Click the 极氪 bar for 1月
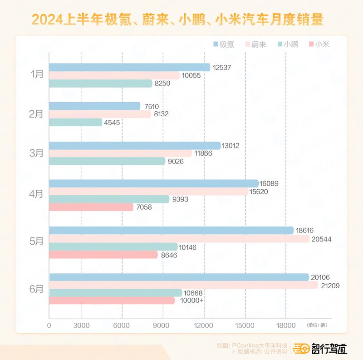pos(129,67)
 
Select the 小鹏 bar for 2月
pos(75,122)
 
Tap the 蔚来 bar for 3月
pos(120,153)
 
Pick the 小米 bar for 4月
pos(91,207)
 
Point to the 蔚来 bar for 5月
pos(179,238)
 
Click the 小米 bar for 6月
pos(112,301)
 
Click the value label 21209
pos(331,286)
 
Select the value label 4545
pos(112,122)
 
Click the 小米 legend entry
pos(319,44)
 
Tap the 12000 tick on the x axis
pos(204,325)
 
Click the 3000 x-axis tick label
pos(81,325)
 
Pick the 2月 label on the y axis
pos(36,114)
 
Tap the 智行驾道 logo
pos(320,348)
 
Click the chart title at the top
pos(181,20)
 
